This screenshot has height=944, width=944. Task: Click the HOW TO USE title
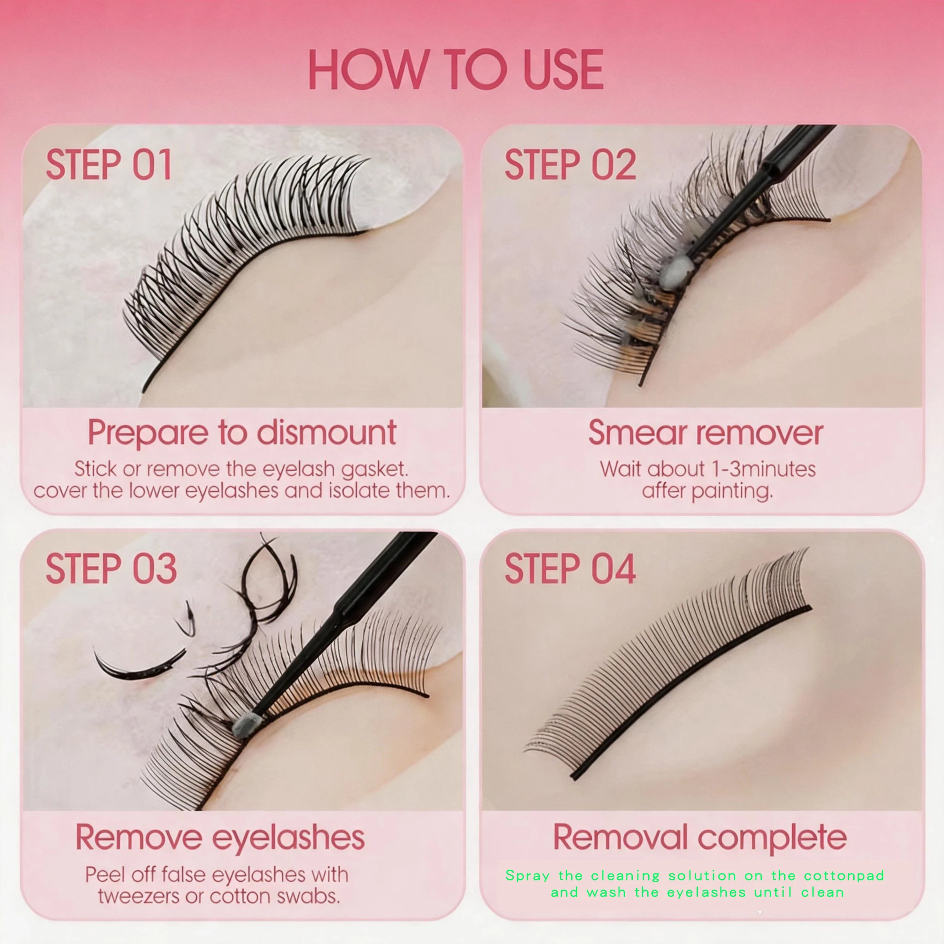[456, 70]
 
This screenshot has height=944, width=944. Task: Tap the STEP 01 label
[108, 165]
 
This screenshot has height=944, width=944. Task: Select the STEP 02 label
[570, 165]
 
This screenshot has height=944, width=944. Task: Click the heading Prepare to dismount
[242, 433]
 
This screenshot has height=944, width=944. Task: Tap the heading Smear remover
[706, 432]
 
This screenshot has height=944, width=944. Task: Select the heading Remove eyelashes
[220, 838]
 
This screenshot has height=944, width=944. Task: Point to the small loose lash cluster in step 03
[185, 618]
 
